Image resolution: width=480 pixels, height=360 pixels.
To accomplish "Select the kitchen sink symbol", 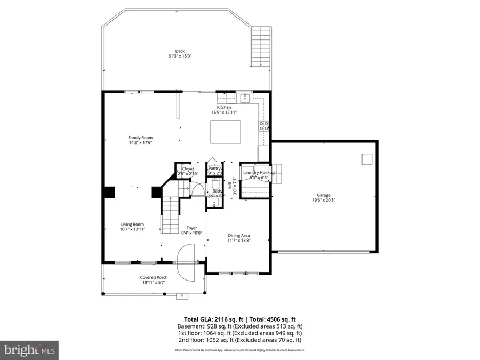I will pyautogui.click(x=244, y=98).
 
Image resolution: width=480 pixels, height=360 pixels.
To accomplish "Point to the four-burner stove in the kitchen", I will pyautogui.click(x=263, y=126).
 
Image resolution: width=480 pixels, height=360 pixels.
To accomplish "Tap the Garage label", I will pyautogui.click(x=324, y=195).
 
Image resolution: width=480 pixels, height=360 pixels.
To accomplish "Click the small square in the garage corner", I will pyautogui.click(x=366, y=158).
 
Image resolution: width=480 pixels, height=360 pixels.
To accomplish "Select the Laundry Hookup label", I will pyautogui.click(x=259, y=173).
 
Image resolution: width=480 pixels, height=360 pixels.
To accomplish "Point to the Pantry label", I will pyautogui.click(x=214, y=169).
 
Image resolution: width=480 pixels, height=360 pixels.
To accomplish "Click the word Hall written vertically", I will pyautogui.click(x=230, y=186).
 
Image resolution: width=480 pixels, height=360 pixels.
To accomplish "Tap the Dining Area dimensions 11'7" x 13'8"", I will pyautogui.click(x=238, y=241).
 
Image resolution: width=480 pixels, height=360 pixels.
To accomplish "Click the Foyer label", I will pyautogui.click(x=191, y=228).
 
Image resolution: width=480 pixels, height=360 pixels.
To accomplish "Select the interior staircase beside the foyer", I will pyautogui.click(x=170, y=214).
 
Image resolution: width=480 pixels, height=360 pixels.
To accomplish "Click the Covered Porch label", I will pyautogui.click(x=154, y=277).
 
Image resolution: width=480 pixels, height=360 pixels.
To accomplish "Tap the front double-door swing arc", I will pyautogui.click(x=187, y=262).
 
